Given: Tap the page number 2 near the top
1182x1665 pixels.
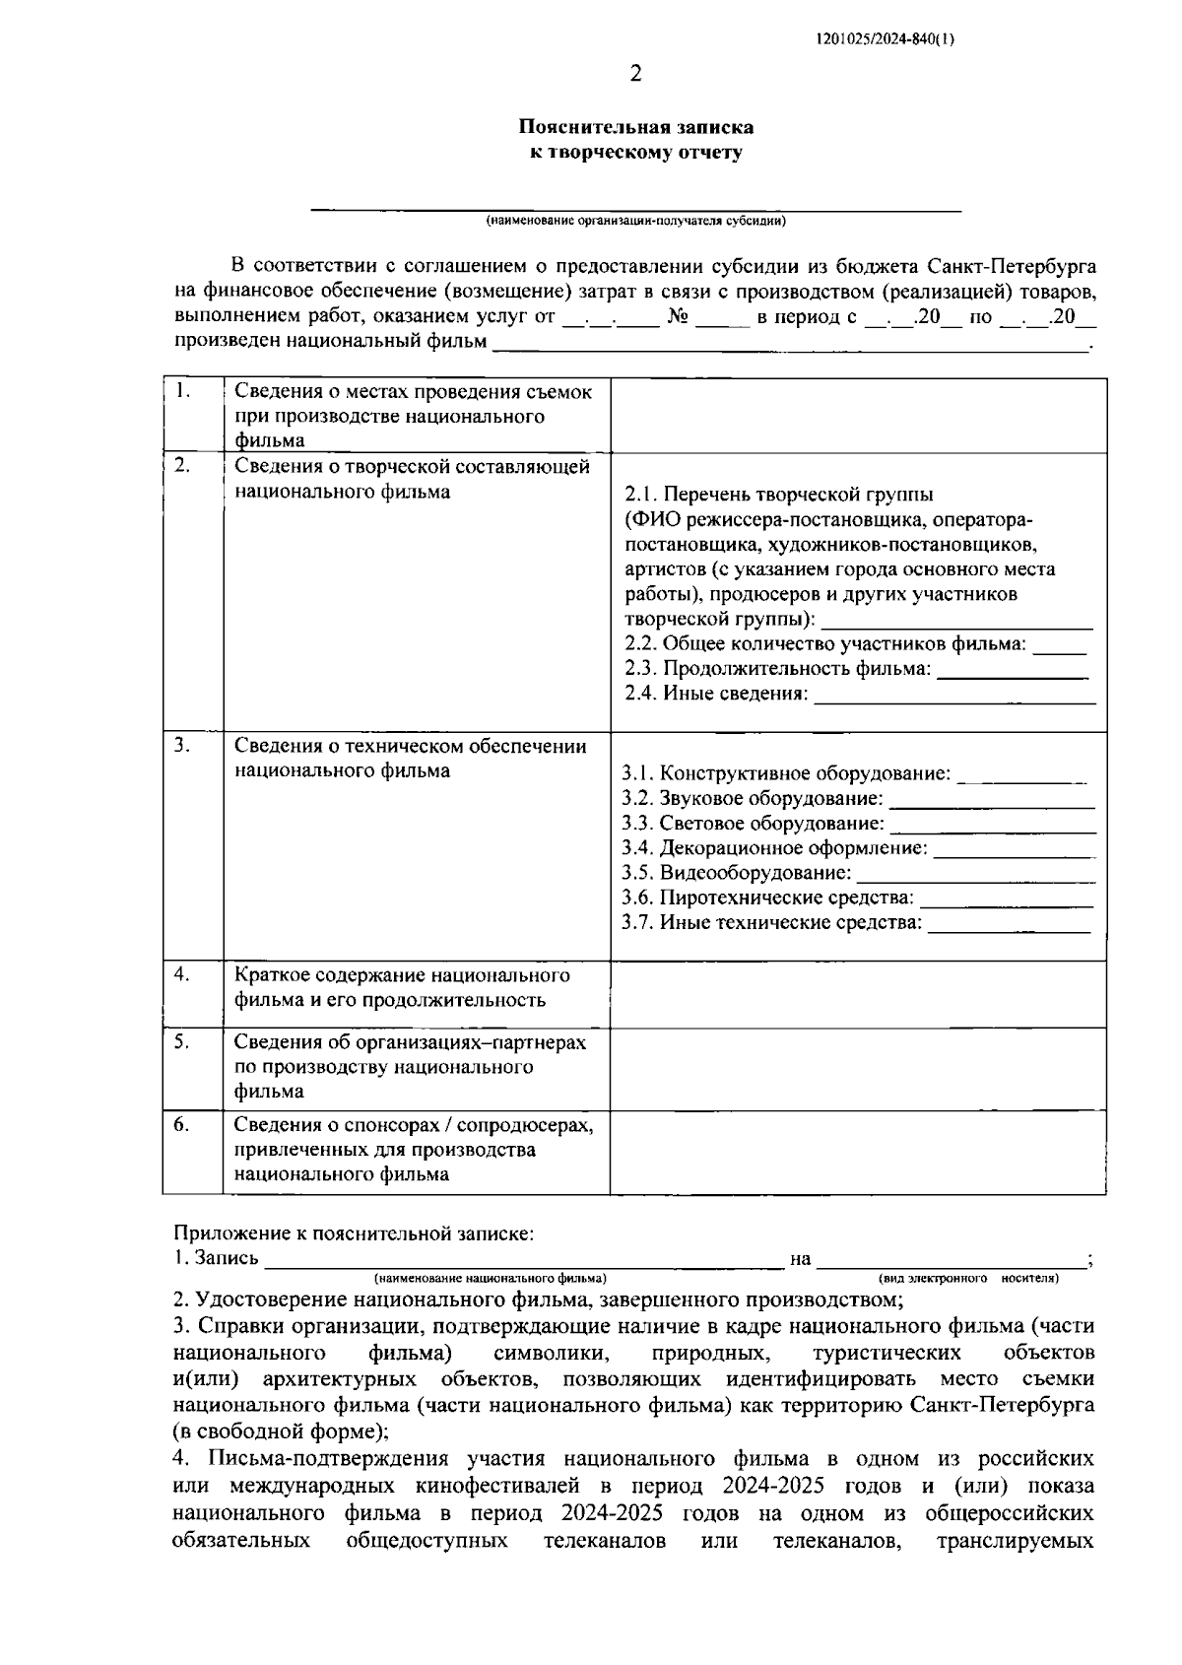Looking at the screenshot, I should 635,74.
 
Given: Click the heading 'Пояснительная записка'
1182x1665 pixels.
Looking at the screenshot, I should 636,127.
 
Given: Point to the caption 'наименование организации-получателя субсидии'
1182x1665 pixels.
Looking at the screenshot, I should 636,221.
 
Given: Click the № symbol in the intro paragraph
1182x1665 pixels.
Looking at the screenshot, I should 677,317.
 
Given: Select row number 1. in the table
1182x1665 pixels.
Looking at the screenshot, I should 182,391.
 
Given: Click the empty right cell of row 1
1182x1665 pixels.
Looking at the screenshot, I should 857,415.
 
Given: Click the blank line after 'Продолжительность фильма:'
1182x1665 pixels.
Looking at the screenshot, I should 1013,671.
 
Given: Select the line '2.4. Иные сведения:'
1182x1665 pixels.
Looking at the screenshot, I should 716,694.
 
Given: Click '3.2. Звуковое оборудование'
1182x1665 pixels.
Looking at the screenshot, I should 753,798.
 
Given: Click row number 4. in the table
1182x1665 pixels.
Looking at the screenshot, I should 182,974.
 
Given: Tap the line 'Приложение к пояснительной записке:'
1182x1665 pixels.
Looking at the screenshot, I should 355,1232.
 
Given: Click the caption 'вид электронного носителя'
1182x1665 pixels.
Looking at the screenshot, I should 968,1278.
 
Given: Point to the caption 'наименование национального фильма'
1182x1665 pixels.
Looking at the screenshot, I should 490,1278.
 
